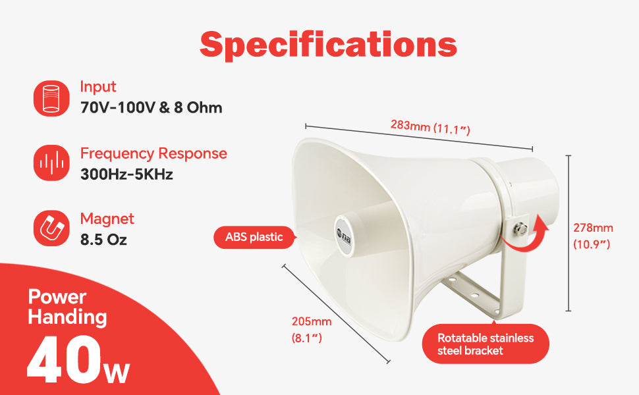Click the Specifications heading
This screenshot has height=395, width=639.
[x=328, y=45]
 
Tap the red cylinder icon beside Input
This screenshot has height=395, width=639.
[x=51, y=98]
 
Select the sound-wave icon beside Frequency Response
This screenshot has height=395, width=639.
[x=51, y=163]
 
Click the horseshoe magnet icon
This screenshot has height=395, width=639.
[x=51, y=228]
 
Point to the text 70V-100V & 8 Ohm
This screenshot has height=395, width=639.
[x=152, y=107]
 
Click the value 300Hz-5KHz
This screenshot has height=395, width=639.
[x=126, y=174]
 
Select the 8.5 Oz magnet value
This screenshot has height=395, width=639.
[x=103, y=240]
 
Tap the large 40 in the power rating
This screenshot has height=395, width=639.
[x=64, y=359]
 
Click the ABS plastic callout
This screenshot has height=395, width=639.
[x=254, y=237]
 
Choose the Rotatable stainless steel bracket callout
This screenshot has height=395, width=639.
[x=486, y=344]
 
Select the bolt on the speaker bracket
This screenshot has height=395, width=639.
[x=521, y=228]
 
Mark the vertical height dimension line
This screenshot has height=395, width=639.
[x=569, y=233]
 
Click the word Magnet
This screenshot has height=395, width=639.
[x=107, y=219]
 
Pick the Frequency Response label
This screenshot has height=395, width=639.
[x=153, y=153]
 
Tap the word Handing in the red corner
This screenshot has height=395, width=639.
[x=68, y=317]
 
